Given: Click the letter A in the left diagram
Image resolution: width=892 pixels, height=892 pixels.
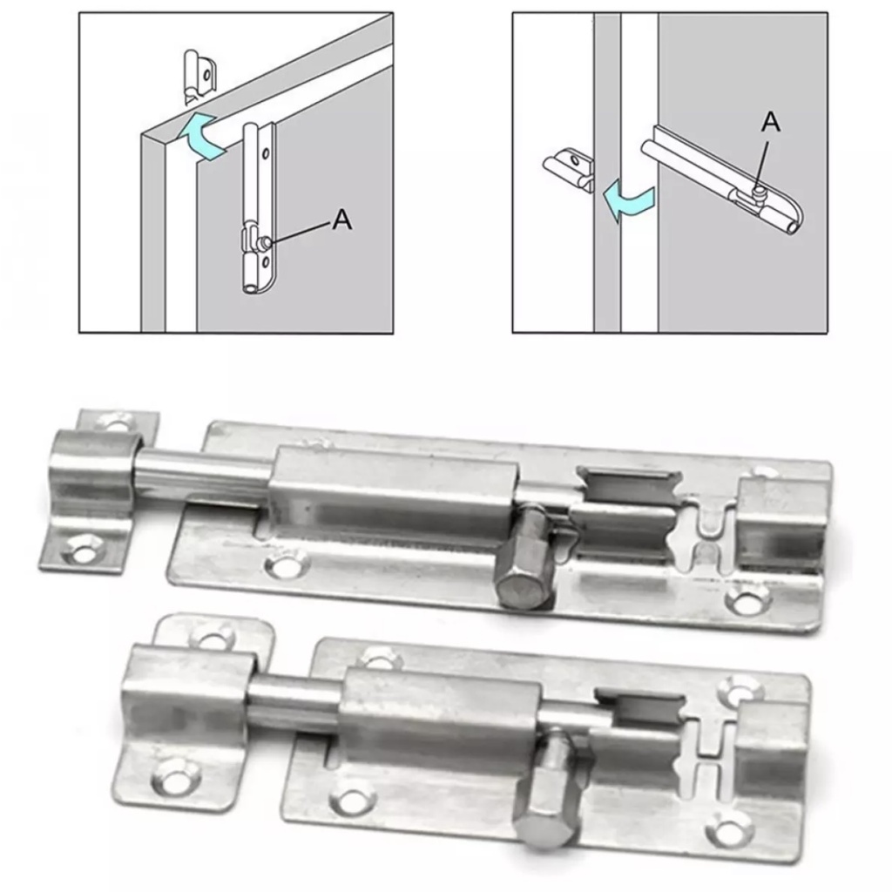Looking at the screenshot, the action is click(x=341, y=219).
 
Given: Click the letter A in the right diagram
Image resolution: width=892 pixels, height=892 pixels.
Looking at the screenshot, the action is click(x=771, y=121).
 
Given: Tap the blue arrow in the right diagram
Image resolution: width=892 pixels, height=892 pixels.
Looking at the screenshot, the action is click(x=629, y=202).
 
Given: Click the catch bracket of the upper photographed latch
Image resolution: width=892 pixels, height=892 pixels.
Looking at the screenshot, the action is click(x=97, y=490).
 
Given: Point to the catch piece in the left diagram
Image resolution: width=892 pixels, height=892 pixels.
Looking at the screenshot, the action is click(x=200, y=77).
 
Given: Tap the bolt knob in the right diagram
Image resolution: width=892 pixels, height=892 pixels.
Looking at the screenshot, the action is click(x=759, y=189).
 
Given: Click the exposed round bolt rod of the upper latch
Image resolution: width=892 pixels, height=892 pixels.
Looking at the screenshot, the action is click(x=202, y=472).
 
